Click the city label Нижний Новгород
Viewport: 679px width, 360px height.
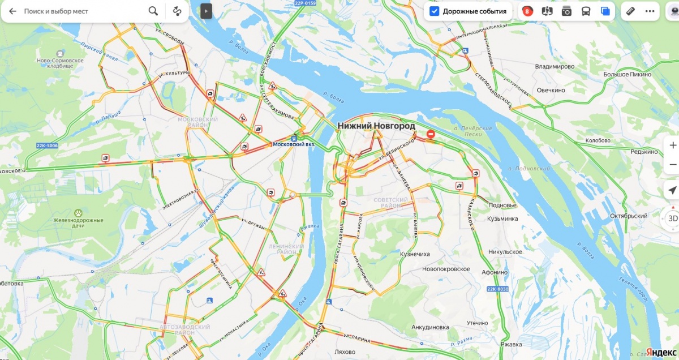pos(376,126)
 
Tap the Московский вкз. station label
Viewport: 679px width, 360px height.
pos(294,144)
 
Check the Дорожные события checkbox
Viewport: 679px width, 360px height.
pos(434,11)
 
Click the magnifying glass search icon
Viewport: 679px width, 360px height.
pos(153,11)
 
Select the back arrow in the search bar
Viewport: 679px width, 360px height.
pos(12,11)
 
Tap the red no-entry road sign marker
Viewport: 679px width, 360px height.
pos(431,134)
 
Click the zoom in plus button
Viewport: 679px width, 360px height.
pos(673,145)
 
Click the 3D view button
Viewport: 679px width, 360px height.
pos(673,218)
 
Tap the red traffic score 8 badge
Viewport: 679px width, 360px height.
pos(527,11)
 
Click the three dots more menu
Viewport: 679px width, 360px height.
pos(650,11)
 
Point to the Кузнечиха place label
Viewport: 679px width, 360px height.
pos(415,254)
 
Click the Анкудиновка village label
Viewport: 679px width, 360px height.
pos(430,327)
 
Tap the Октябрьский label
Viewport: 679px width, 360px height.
pos(628,216)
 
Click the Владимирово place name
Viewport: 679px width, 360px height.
pos(555,66)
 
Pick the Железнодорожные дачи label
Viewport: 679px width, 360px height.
pos(79,224)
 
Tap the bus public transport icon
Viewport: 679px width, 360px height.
pos(586,11)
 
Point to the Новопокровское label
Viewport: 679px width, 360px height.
pos(446,269)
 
